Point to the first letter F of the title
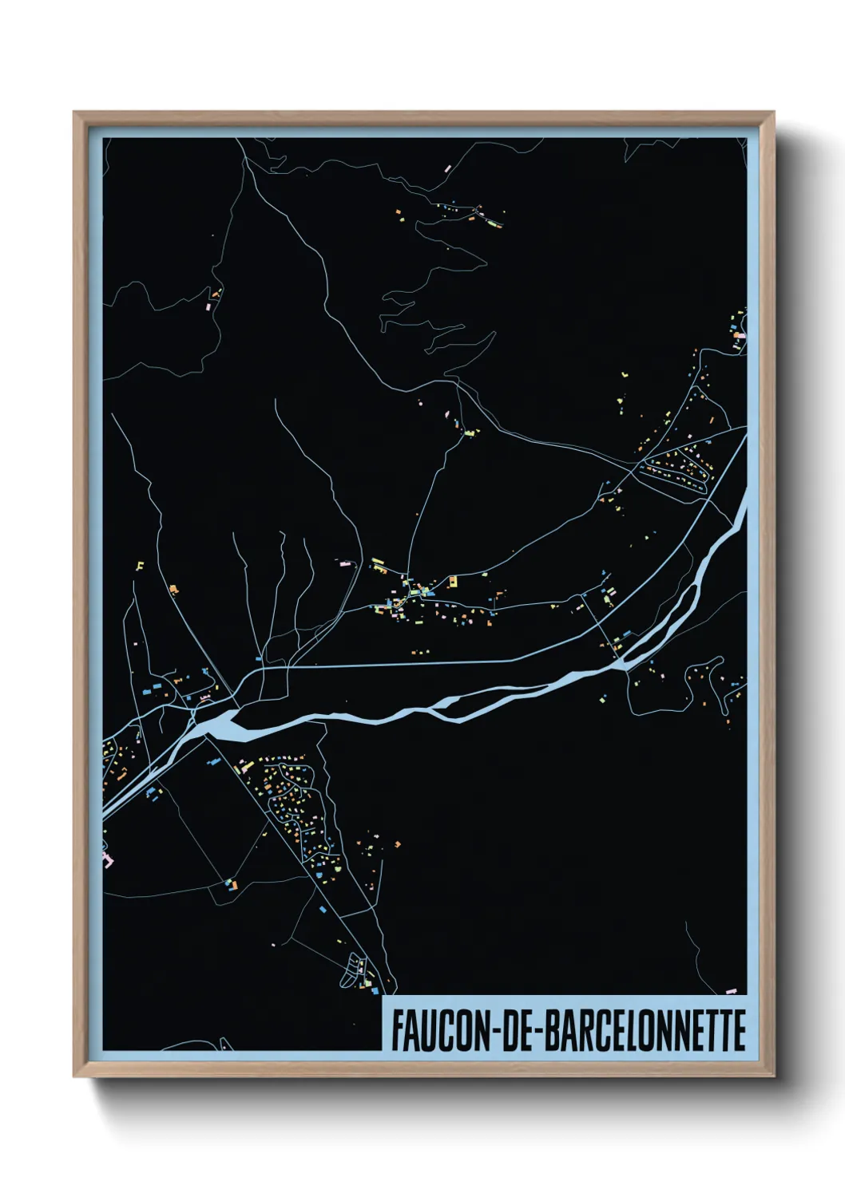point(397,1030)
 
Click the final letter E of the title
point(739,1030)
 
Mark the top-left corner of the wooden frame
point(75,113)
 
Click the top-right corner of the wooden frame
point(772,113)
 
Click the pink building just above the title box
point(730,991)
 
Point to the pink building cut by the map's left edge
point(108,859)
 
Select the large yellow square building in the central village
point(452,581)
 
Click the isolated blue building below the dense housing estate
point(323,909)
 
